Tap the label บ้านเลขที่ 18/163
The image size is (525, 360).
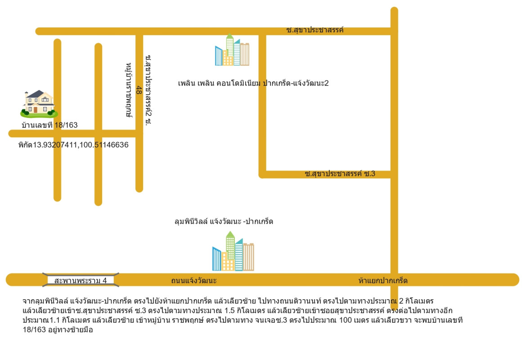tap(49, 125)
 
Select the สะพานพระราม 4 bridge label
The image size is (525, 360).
tap(81, 281)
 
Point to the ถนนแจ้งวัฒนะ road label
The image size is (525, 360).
tap(194, 281)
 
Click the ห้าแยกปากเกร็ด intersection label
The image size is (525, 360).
tap(383, 281)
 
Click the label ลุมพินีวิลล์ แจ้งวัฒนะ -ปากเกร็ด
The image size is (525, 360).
tap(224, 221)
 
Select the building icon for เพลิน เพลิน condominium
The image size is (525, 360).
tap(232, 50)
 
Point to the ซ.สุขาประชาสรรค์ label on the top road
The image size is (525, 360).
tap(315, 30)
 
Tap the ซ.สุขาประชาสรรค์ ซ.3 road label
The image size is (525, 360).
tap(340, 174)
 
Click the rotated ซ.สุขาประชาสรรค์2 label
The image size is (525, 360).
tap(148, 90)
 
